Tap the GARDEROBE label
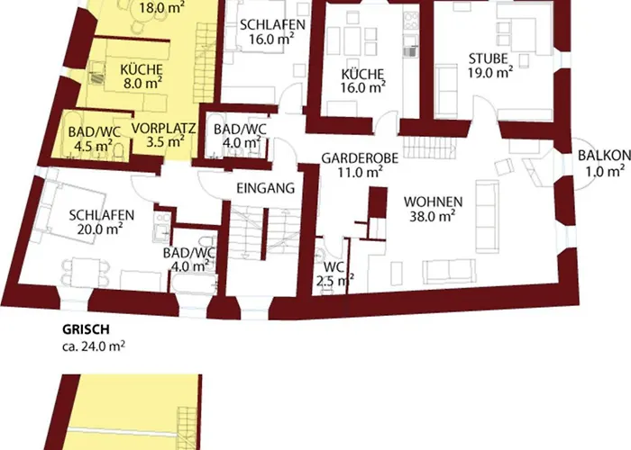pyautogui.click(x=360, y=158)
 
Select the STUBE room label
pyautogui.click(x=489, y=60)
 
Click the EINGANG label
pyautogui.click(x=265, y=189)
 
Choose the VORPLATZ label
pyautogui.click(x=163, y=127)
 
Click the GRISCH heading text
pyautogui.click(x=82, y=329)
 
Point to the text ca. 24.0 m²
pyautogui.click(x=88, y=345)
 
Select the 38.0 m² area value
pyautogui.click(x=433, y=216)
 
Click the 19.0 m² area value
pyautogui.click(x=490, y=75)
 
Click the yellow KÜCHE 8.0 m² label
pyautogui.click(x=141, y=73)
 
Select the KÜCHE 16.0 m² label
pyautogui.click(x=364, y=80)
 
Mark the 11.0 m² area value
pyautogui.click(x=361, y=173)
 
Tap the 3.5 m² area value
pyautogui.click(x=163, y=141)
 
